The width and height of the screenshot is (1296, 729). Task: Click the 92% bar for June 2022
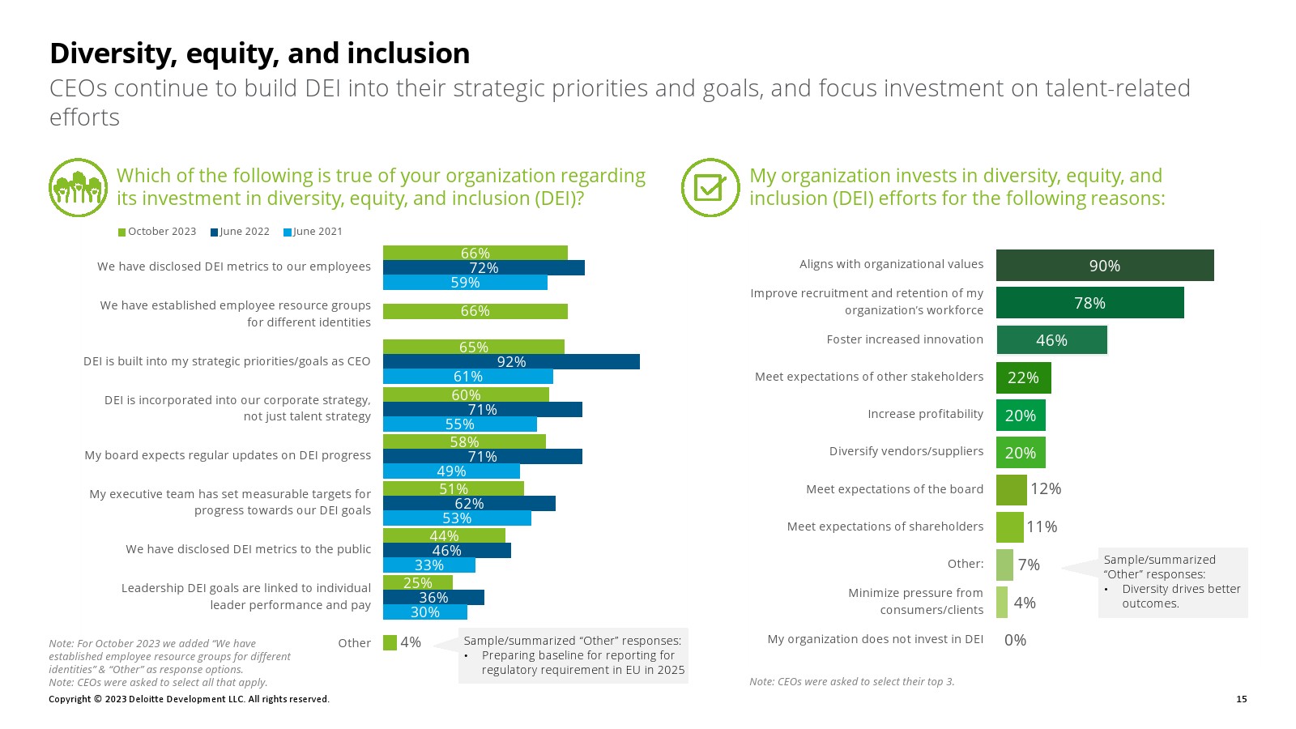tap(511, 362)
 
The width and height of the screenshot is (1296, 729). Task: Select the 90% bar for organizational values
tap(1105, 266)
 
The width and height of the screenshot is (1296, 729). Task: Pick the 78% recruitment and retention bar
tap(1089, 303)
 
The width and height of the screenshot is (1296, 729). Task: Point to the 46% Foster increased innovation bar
tap(1051, 340)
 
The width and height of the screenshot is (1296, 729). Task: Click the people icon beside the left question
tap(78, 188)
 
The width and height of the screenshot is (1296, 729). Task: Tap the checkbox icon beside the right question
tap(710, 188)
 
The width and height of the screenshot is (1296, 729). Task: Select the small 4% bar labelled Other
tap(390, 642)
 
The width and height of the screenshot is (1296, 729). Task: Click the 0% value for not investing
tap(1015, 640)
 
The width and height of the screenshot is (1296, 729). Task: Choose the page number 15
tap(1242, 699)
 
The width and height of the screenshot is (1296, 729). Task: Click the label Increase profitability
tap(925, 414)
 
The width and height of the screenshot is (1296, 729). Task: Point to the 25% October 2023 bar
tap(417, 582)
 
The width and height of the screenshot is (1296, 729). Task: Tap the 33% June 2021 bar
tap(429, 565)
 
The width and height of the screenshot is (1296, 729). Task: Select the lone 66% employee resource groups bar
tap(475, 311)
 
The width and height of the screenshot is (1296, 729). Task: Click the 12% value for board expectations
tap(1046, 488)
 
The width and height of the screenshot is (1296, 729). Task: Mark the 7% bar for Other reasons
tap(1004, 565)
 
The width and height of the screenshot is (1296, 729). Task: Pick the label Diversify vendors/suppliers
tap(906, 451)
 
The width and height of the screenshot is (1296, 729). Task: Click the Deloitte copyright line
tap(189, 699)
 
